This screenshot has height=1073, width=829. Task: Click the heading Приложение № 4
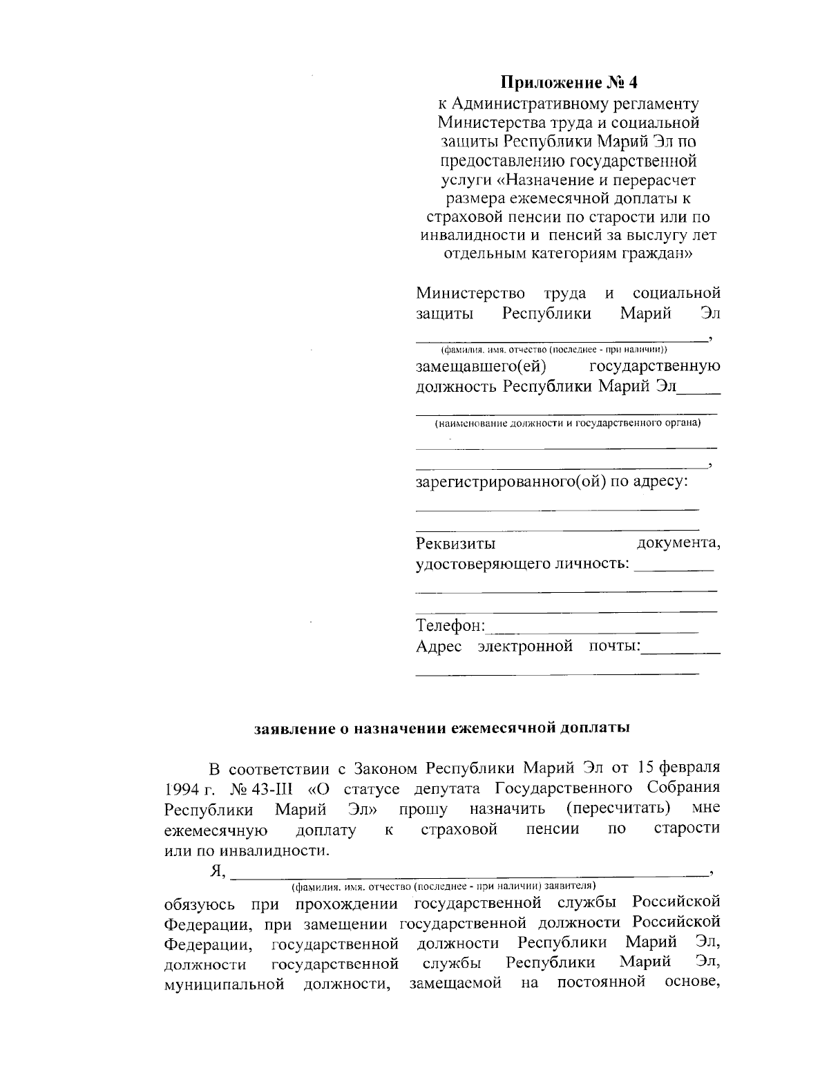coord(569,83)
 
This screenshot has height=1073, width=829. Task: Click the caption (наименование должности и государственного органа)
coord(567,423)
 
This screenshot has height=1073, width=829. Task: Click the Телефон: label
coord(450,626)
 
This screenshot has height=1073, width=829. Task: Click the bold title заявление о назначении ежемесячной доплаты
coord(442,728)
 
